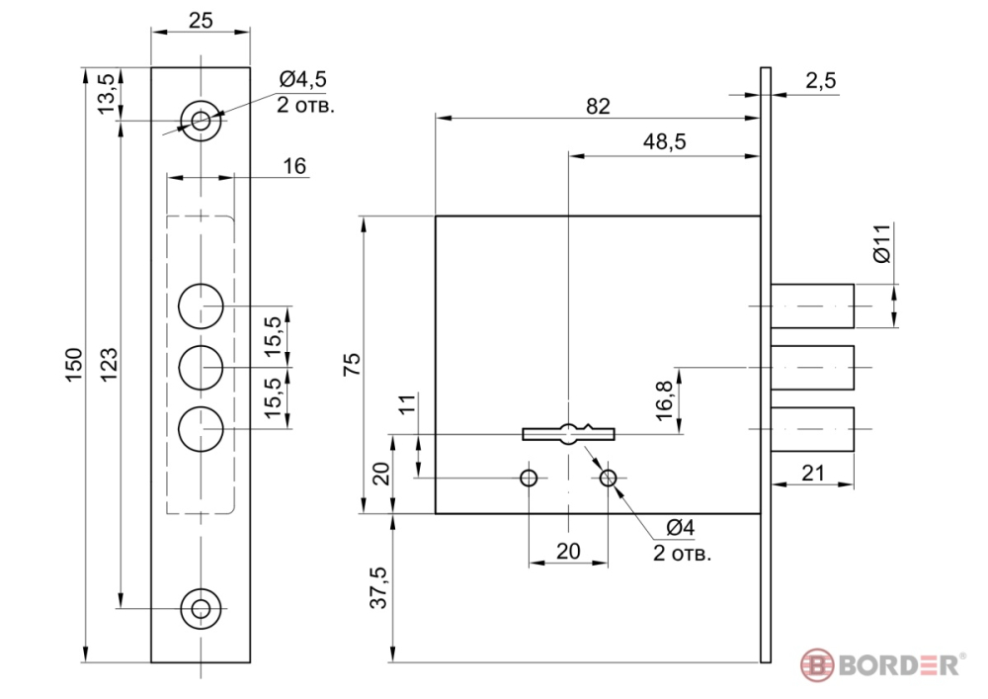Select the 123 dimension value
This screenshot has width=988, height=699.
click(x=110, y=365)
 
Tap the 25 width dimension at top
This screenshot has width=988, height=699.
click(x=202, y=19)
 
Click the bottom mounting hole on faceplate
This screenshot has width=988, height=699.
click(x=202, y=609)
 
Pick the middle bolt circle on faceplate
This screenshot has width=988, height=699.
click(x=202, y=368)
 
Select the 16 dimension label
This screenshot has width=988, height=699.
click(x=294, y=165)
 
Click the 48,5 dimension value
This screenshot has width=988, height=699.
click(x=664, y=142)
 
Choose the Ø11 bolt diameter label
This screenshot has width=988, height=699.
click(x=883, y=242)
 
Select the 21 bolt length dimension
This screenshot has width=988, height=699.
click(x=812, y=474)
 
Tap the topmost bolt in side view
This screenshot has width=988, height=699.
click(x=812, y=306)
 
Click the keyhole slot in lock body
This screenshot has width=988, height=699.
click(x=569, y=433)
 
